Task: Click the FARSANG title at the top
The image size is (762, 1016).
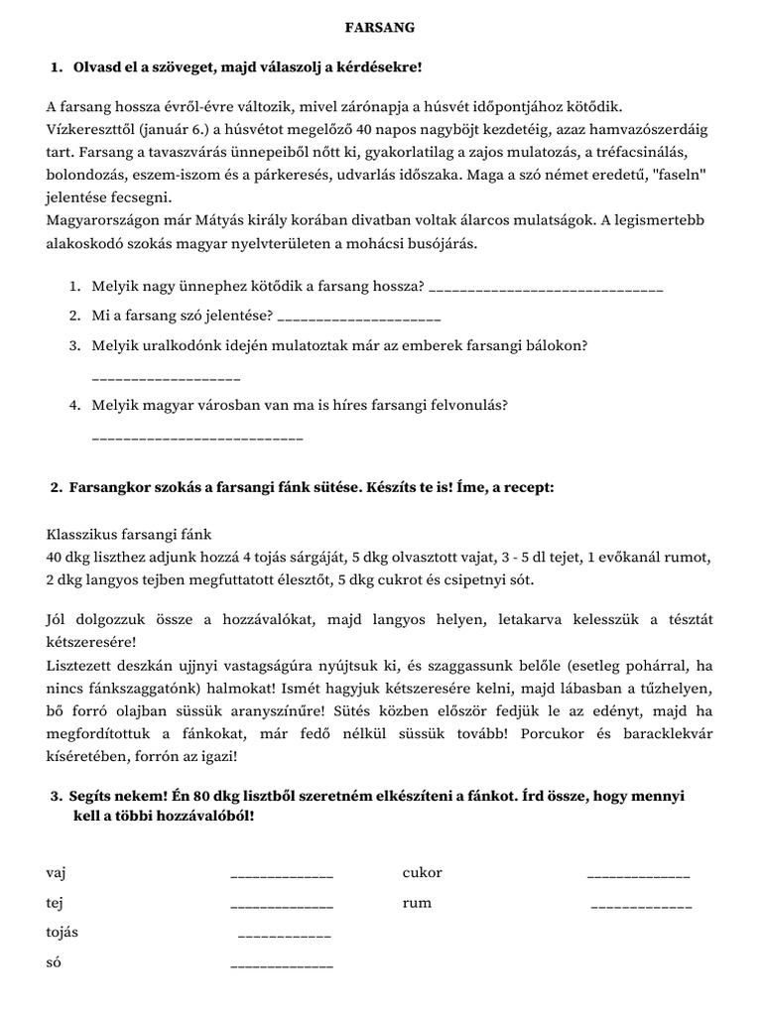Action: pos(380,28)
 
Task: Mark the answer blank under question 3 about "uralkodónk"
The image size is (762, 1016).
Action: pos(166,378)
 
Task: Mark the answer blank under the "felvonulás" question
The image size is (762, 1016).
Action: pos(196,438)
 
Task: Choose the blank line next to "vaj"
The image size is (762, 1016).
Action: pos(282,876)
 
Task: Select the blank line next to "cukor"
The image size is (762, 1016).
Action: pos(638,876)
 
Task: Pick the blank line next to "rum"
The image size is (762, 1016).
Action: pos(641,907)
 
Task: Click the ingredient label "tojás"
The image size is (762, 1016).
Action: pos(63,933)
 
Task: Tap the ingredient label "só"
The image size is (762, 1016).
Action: pos(54,962)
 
